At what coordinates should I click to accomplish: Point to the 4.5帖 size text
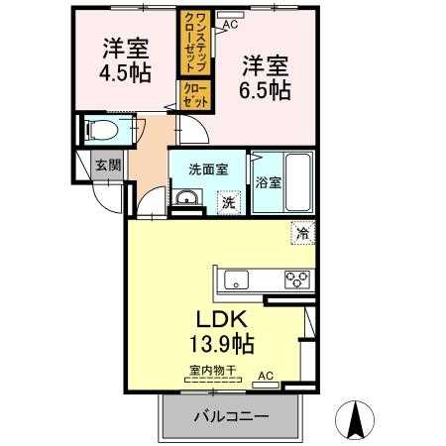(x=125, y=71)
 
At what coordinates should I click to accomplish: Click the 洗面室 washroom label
(x=208, y=168)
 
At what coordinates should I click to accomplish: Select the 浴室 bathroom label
(x=267, y=182)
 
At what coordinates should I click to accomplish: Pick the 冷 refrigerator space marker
(x=300, y=235)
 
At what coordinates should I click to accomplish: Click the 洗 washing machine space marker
(x=227, y=202)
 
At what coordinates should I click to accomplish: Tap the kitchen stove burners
(x=297, y=279)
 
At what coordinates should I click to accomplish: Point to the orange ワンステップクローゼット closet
(x=188, y=42)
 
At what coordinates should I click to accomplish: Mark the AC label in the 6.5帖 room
(x=230, y=24)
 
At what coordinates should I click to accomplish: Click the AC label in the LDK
(x=265, y=375)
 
